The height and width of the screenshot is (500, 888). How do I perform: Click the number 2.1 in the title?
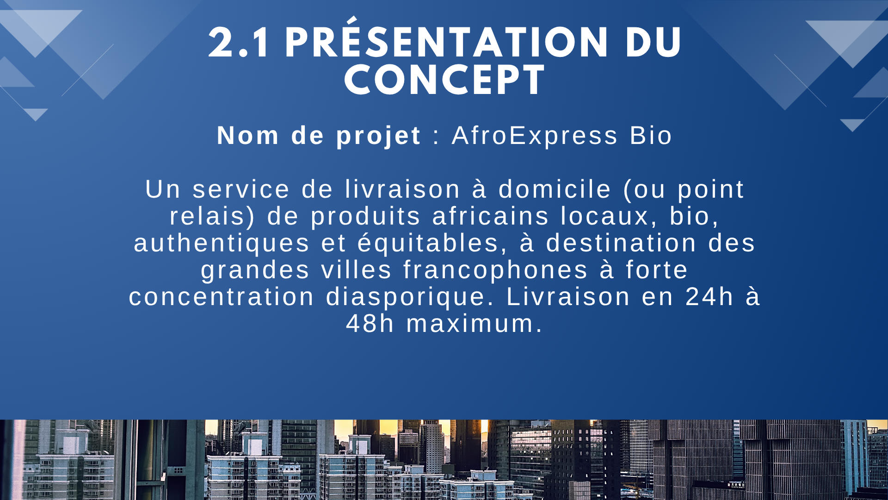[238, 43]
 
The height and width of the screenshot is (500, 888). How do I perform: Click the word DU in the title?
[653, 43]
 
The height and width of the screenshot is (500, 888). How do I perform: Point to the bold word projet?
[378, 136]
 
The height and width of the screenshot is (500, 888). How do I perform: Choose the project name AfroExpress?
[535, 136]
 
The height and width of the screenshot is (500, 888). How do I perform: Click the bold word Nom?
[248, 136]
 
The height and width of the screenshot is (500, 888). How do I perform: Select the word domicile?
[555, 189]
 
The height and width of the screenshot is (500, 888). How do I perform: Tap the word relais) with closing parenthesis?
[212, 216]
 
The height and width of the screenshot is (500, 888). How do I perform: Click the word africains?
[490, 216]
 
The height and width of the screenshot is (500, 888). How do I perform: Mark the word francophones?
[495, 270]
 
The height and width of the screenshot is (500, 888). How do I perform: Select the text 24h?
[709, 297]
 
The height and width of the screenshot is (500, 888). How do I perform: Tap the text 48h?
[370, 324]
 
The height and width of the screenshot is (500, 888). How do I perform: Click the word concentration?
[222, 297]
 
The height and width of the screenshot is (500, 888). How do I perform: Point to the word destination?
[621, 243]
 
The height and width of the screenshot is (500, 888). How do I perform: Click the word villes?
[357, 270]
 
